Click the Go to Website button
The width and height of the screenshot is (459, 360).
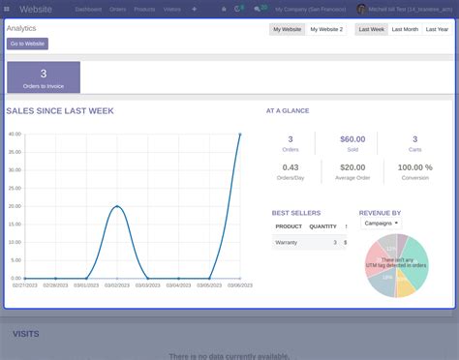pyautogui.click(x=27, y=44)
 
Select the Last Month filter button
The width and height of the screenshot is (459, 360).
pyautogui.click(x=405, y=30)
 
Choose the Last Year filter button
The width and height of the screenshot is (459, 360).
pyautogui.click(x=437, y=30)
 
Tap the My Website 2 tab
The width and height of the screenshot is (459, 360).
pyautogui.click(x=326, y=30)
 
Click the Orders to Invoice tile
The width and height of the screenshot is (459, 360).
pyautogui.click(x=44, y=77)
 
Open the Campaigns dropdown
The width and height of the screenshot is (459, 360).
pyautogui.click(x=381, y=223)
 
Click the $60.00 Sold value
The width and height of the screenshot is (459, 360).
pyautogui.click(x=352, y=139)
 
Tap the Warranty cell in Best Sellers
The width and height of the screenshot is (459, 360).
pyautogui.click(x=287, y=242)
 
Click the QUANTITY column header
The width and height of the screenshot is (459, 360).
pyautogui.click(x=322, y=226)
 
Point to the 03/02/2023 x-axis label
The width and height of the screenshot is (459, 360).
pyautogui.click(x=117, y=285)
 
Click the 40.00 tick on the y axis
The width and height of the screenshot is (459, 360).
pyautogui.click(x=15, y=134)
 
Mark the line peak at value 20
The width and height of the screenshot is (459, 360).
pyautogui.click(x=117, y=206)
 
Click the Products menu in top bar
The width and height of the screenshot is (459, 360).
pyautogui.click(x=144, y=9)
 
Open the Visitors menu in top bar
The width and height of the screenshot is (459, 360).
pyautogui.click(x=172, y=9)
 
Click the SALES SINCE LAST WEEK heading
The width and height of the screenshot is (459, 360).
pyautogui.click(x=60, y=111)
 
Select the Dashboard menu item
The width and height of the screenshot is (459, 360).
pyautogui.click(x=88, y=9)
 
